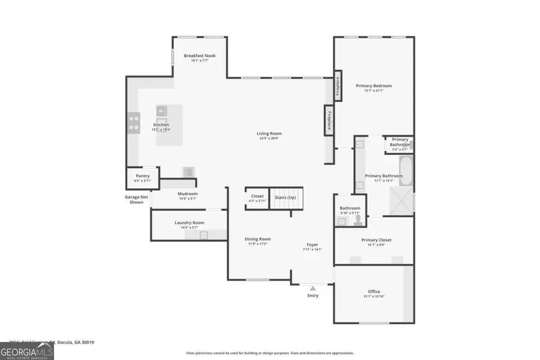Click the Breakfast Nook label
(199, 56)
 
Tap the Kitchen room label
(161, 125)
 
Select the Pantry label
(142, 176)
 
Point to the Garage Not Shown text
(136, 200)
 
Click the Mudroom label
(187, 194)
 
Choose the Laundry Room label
(189, 223)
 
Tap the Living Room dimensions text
(269, 139)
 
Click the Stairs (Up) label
(285, 197)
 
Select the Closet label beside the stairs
(257, 196)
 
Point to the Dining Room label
(257, 239)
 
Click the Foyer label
(313, 244)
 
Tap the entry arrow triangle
(313, 289)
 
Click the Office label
(374, 292)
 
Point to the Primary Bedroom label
(373, 86)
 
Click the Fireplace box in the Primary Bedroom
(338, 87)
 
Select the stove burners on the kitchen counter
(133, 123)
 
